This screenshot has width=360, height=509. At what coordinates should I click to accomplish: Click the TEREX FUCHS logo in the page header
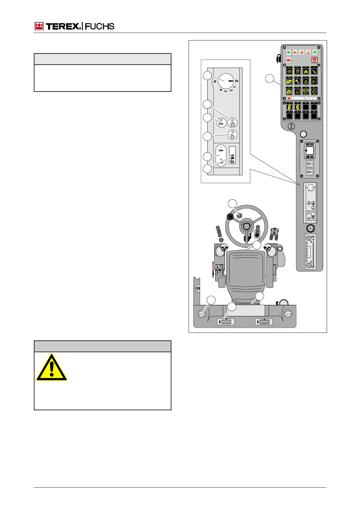(74, 26)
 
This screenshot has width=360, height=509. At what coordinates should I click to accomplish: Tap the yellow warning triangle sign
(52, 368)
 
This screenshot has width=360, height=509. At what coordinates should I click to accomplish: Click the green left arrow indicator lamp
(288, 52)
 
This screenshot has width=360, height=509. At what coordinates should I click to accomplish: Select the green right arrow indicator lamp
(315, 52)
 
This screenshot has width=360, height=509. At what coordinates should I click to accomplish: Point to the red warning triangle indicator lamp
(308, 53)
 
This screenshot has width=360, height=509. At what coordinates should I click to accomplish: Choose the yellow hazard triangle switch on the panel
(306, 81)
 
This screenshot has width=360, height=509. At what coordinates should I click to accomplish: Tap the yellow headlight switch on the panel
(314, 81)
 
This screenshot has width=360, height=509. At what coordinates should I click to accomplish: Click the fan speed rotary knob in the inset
(225, 81)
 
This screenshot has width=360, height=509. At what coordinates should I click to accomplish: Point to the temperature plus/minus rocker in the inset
(221, 156)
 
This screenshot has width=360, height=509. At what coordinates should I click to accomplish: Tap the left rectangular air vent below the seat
(226, 322)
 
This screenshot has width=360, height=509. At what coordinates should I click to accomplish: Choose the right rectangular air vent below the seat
(264, 322)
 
